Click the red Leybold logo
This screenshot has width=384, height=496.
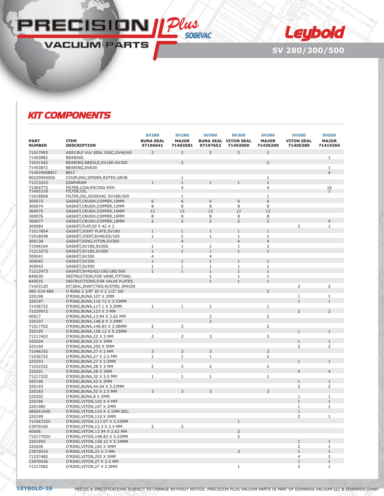point(315,33)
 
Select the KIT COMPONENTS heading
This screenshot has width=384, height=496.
point(69,115)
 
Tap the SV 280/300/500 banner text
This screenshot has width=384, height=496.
point(308,50)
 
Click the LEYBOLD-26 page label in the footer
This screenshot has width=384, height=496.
point(35,488)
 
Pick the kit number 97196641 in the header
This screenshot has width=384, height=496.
point(152,146)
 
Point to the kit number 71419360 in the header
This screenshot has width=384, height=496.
point(329,146)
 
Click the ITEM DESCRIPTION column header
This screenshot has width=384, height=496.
point(81,143)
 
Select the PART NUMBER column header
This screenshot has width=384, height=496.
point(38,143)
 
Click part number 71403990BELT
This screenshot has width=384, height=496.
point(43,173)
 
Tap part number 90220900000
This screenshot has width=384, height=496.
point(42,178)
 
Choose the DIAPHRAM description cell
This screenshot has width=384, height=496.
point(76,183)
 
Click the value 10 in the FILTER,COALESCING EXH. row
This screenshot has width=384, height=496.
point(329,188)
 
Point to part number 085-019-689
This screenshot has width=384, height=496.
point(41,291)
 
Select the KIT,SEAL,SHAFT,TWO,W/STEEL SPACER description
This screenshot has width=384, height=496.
point(100,286)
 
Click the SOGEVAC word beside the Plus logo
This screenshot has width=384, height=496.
point(198,36)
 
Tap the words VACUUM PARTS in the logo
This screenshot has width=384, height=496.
point(96,45)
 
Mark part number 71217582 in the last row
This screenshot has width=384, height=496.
point(38,466)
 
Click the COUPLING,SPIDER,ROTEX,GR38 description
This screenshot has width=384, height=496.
point(96,178)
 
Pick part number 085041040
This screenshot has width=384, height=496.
point(40,411)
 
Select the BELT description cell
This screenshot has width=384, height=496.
point(71,173)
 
